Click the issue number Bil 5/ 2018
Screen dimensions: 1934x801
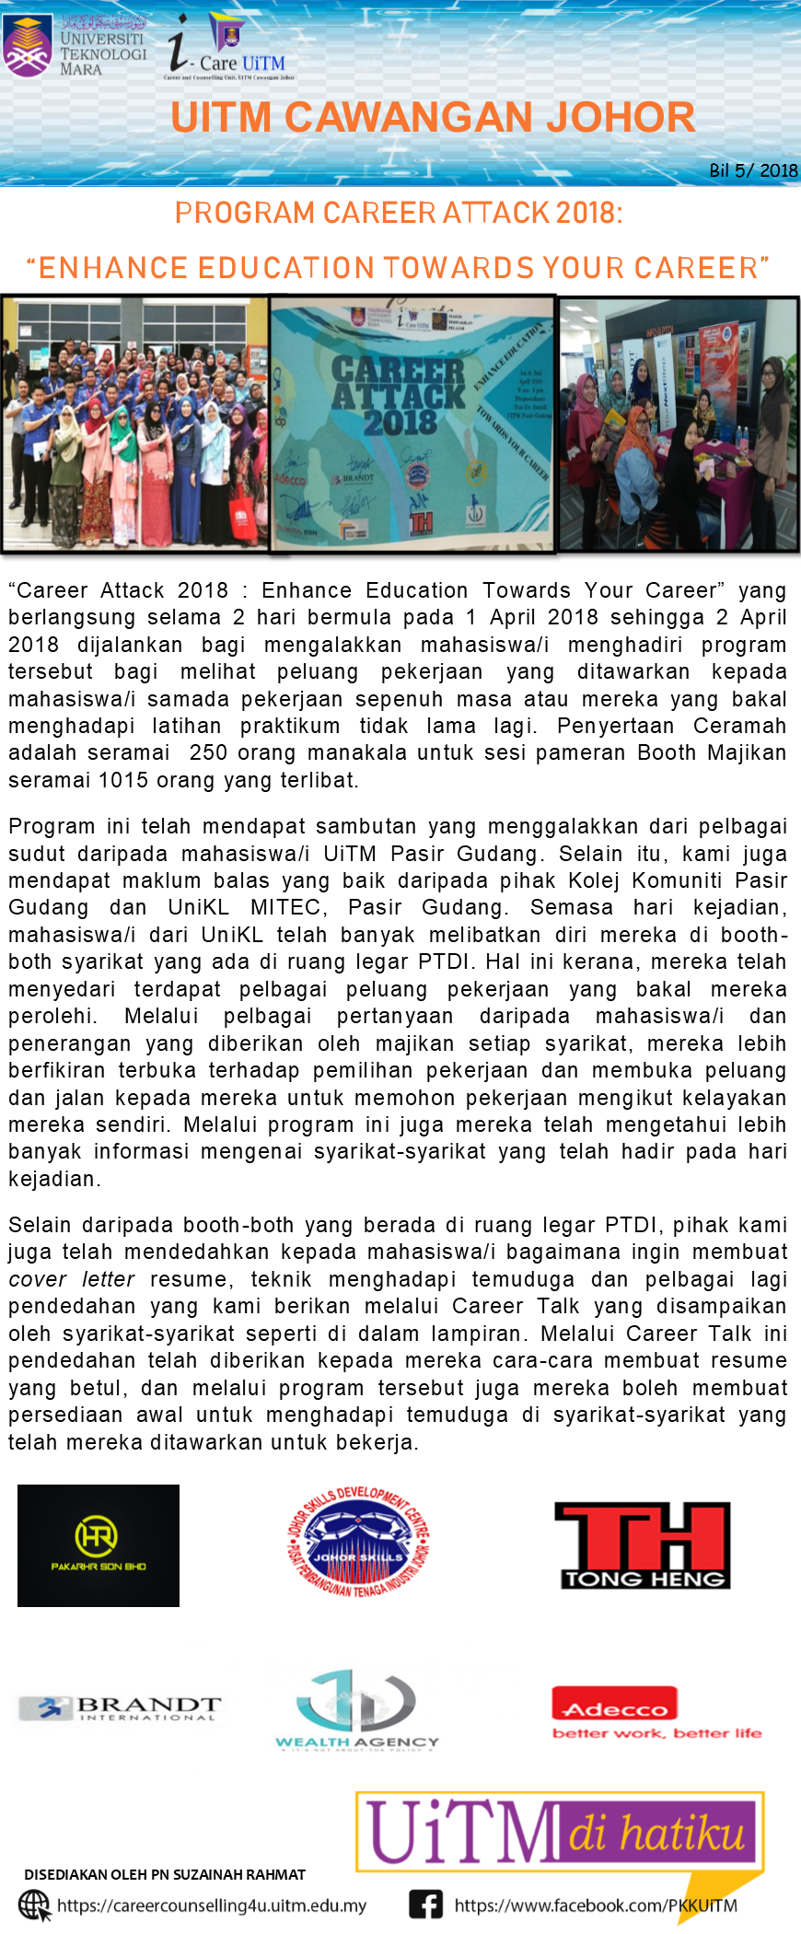pos(752,170)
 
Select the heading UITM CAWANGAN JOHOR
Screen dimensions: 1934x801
pos(433,118)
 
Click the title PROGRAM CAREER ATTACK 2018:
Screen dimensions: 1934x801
pos(399,213)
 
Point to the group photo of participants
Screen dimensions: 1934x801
pos(134,424)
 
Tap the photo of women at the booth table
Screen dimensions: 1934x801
pos(679,424)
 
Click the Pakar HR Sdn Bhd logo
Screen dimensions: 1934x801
pos(99,1545)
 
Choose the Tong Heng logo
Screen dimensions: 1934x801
pos(642,1545)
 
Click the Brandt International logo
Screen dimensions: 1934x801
pos(121,1709)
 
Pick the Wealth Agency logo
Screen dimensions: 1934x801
pos(357,1711)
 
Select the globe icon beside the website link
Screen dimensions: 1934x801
pos(35,1905)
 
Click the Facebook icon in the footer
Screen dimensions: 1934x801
pos(425,1905)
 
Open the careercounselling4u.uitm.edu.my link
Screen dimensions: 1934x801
pos(212,1905)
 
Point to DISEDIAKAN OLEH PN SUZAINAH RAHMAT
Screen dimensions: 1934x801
pos(165,1874)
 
